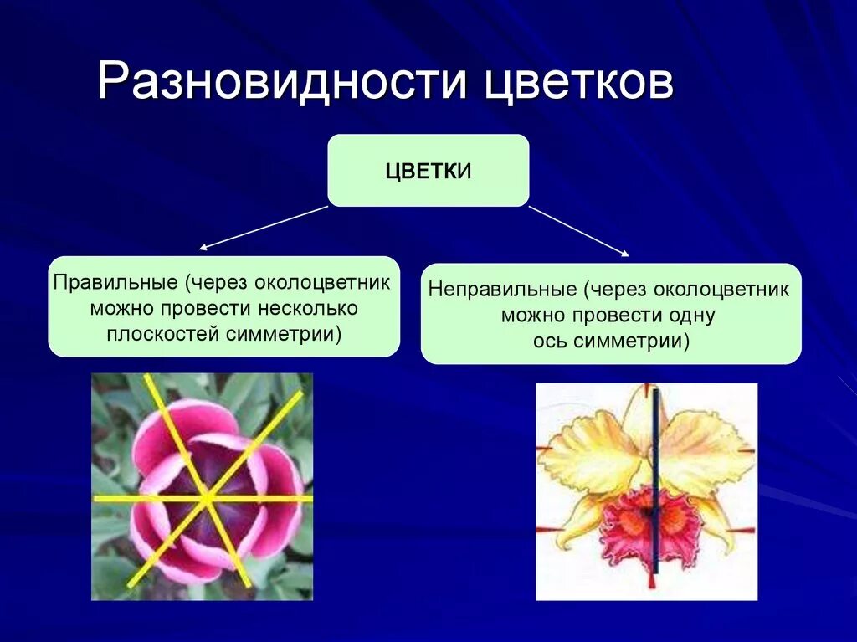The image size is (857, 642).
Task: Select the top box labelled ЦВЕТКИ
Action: [428, 171]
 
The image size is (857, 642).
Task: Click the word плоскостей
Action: [162, 334]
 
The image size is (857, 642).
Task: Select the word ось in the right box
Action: [551, 342]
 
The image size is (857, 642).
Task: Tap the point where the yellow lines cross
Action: [205, 499]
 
